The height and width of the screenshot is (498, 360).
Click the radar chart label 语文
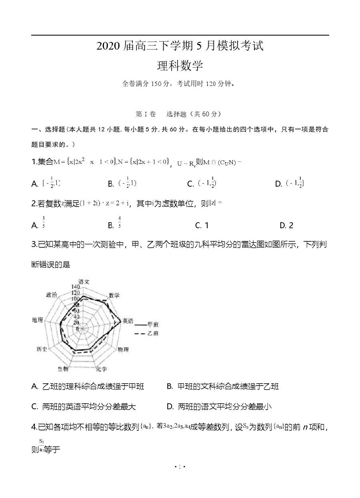click(x=84, y=281)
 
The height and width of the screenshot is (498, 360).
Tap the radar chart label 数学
click(x=114, y=295)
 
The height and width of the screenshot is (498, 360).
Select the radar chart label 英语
click(x=128, y=321)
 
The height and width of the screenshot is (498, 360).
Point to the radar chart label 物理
click(x=123, y=350)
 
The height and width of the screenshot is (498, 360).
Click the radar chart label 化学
click(x=101, y=369)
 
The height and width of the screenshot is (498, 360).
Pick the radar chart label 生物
click(x=63, y=369)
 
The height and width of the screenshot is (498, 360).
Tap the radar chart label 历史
click(x=42, y=349)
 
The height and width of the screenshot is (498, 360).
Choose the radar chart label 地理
click(x=37, y=320)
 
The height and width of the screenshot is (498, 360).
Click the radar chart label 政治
click(x=51, y=295)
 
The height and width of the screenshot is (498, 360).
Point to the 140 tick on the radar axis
click(x=75, y=287)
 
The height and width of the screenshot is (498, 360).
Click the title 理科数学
click(x=180, y=66)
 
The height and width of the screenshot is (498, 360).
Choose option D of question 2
click(x=286, y=225)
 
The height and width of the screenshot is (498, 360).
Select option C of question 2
click(x=202, y=225)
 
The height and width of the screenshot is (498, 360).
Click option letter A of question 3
click(x=35, y=386)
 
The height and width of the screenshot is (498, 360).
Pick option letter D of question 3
click(x=170, y=407)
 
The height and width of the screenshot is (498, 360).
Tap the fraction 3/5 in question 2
click(x=43, y=222)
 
